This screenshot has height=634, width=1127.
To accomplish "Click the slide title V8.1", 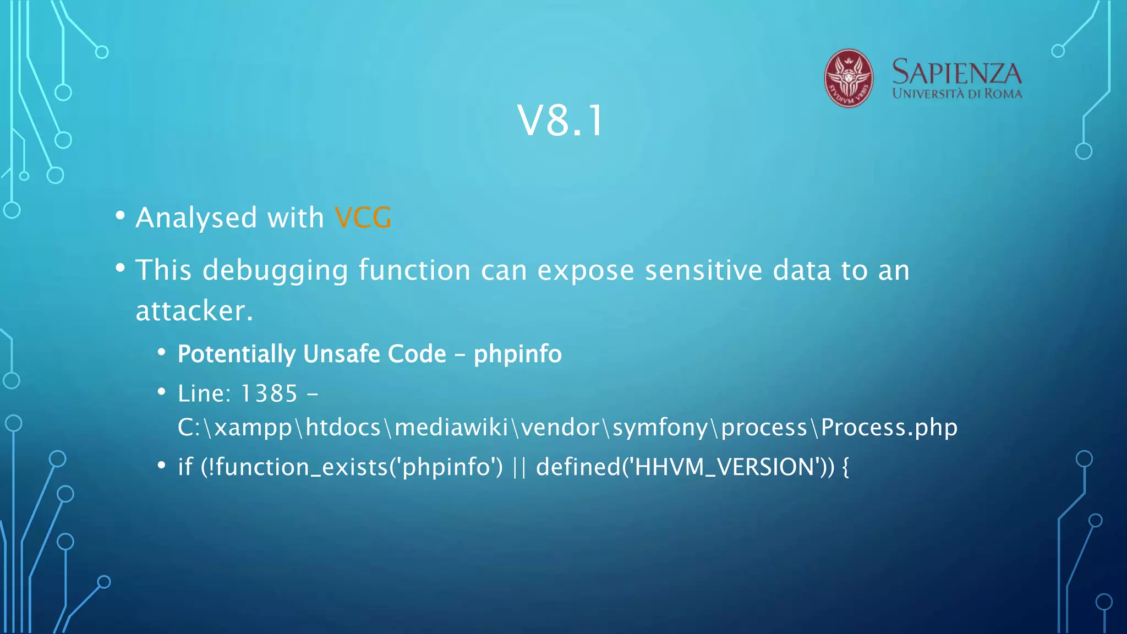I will (x=561, y=121).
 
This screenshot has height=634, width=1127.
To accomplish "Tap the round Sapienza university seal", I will (x=848, y=78).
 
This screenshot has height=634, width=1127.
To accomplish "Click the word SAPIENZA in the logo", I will (x=956, y=73).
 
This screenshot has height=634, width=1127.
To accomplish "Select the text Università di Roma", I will (x=957, y=94).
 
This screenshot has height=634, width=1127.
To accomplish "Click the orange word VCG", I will (x=363, y=218).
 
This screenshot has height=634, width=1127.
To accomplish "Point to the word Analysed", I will (x=196, y=218).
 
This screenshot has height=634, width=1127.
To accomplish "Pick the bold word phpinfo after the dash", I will (x=517, y=354).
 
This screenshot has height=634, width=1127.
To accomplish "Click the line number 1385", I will (x=269, y=393).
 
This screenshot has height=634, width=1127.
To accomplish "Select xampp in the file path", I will (x=253, y=428).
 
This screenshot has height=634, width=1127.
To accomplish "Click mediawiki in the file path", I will (x=451, y=428).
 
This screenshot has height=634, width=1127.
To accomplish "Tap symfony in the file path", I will (x=659, y=428).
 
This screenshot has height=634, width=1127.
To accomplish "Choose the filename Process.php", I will (x=889, y=428).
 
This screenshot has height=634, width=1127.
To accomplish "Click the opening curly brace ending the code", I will (x=845, y=467).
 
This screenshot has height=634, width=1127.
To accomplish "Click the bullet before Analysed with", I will (x=121, y=216).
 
